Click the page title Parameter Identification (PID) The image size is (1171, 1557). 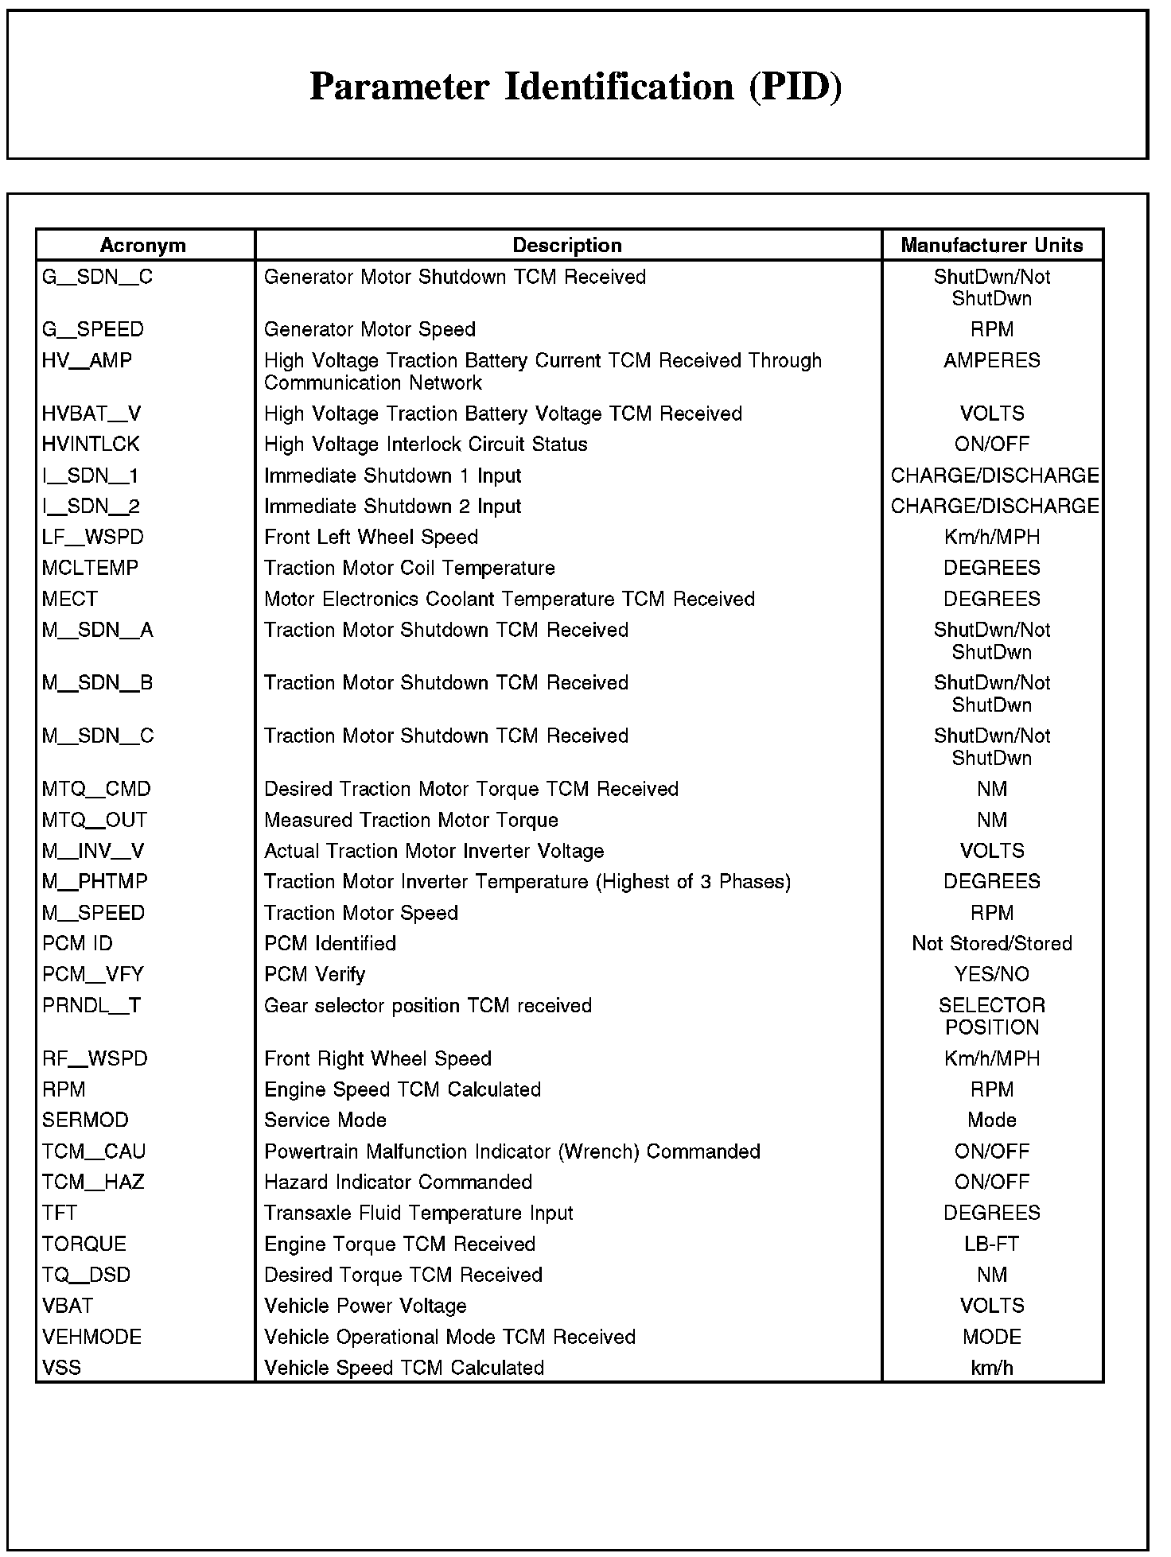pyautogui.click(x=575, y=87)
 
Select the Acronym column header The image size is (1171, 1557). pyautogui.click(x=143, y=245)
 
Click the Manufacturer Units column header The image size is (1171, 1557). pyautogui.click(x=991, y=245)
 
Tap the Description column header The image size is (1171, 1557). pyautogui.click(x=567, y=245)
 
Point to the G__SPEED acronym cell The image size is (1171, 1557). pyautogui.click(x=93, y=329)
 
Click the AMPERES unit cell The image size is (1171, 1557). pyautogui.click(x=991, y=360)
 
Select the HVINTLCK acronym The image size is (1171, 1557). pyautogui.click(x=91, y=444)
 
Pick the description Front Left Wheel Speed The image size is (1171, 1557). pyautogui.click(x=371, y=537)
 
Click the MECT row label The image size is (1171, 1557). pyautogui.click(x=70, y=599)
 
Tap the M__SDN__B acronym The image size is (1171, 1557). pyautogui.click(x=97, y=682)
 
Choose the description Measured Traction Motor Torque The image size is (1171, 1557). pyautogui.click(x=410, y=820)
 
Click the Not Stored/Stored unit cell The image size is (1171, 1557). pyautogui.click(x=991, y=943)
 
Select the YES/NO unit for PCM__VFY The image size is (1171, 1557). pyautogui.click(x=991, y=974)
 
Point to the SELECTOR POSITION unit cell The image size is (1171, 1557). pyautogui.click(x=991, y=1016)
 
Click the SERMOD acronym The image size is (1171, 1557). pyautogui.click(x=85, y=1120)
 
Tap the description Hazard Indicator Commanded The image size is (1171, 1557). pyautogui.click(x=398, y=1182)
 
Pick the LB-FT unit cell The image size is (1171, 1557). pyautogui.click(x=991, y=1244)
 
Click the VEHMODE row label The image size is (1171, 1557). pyautogui.click(x=91, y=1337)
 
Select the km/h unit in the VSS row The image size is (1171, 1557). pyautogui.click(x=991, y=1368)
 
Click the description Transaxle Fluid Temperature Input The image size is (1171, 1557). pyautogui.click(x=418, y=1213)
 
